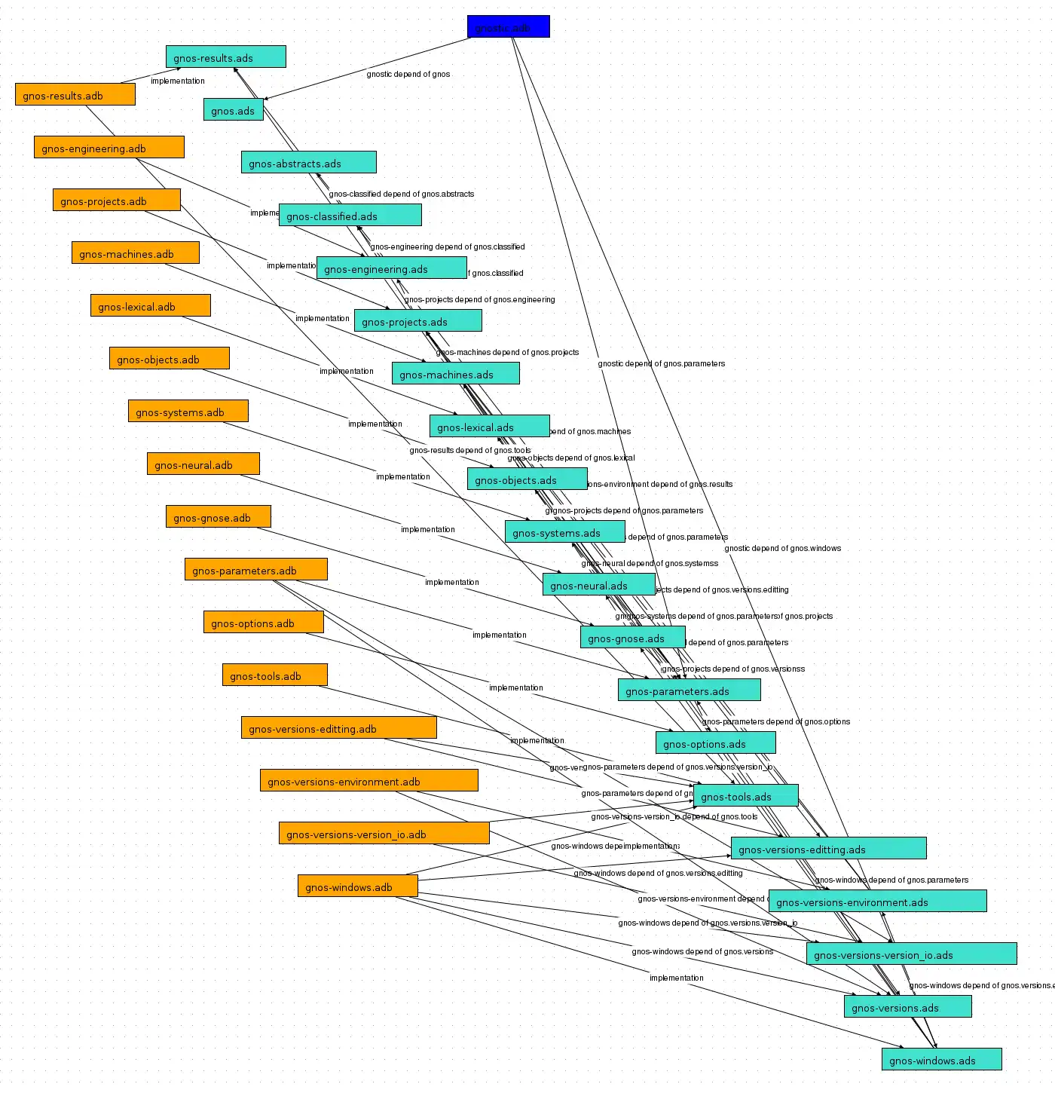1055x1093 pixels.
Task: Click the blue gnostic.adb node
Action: pyautogui.click(x=508, y=26)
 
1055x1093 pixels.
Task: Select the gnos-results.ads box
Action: pyautogui.click(x=225, y=57)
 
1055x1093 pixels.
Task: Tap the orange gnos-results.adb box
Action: pyautogui.click(x=75, y=94)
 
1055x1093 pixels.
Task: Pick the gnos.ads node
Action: pyautogui.click(x=233, y=109)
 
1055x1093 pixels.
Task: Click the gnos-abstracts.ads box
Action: pyautogui.click(x=308, y=162)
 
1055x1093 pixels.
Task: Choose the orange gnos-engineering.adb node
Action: pyautogui.click(x=109, y=147)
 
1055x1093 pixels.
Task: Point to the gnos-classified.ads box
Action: pyautogui.click(x=350, y=215)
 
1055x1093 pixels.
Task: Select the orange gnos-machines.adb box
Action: pyautogui.click(x=135, y=253)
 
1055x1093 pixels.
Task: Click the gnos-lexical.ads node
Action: pyautogui.click(x=489, y=426)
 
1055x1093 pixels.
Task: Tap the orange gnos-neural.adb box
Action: pyautogui.click(x=203, y=464)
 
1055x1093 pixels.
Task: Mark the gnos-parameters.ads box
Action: pyautogui.click(x=689, y=690)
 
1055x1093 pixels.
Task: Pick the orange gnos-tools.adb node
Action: pyautogui.click(x=274, y=675)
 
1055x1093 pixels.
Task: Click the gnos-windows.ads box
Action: pyautogui.click(x=941, y=1059)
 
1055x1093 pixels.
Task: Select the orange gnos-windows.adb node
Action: pyautogui.click(x=357, y=886)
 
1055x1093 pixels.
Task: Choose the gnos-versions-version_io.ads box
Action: pyautogui.click(x=911, y=954)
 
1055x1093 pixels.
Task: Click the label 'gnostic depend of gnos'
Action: pyautogui.click(x=408, y=74)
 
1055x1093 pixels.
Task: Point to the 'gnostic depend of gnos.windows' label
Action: pyautogui.click(x=782, y=548)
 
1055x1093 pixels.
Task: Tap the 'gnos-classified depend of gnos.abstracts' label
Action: pyautogui.click(x=402, y=194)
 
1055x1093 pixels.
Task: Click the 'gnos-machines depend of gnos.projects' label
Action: pyautogui.click(x=507, y=352)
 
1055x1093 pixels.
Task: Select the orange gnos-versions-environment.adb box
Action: pyautogui.click(x=368, y=780)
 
